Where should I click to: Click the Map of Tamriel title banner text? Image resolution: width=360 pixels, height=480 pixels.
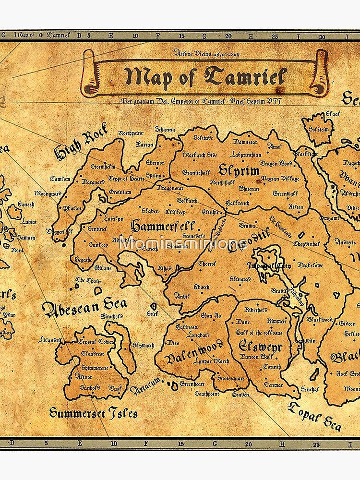[205, 77]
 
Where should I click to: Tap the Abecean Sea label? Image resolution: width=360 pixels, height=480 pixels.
[84, 307]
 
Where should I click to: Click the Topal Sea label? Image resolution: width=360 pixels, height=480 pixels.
[315, 416]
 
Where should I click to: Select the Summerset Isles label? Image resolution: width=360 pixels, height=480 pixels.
[93, 412]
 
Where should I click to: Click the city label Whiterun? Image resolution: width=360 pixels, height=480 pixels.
[248, 189]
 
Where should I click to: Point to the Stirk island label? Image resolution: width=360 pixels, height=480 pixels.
[153, 313]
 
